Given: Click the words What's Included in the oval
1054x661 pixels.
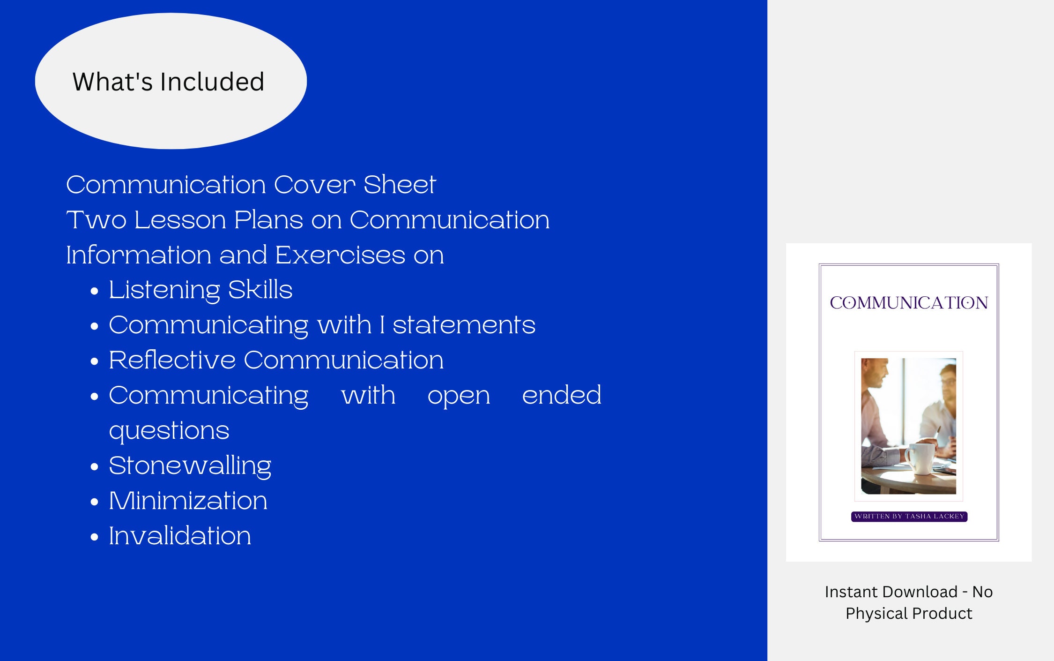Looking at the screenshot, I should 168,82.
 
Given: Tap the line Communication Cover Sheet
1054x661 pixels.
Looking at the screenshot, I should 251,184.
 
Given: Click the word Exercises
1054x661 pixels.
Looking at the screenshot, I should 340,255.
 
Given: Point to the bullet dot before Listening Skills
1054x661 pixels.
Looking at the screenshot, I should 95,291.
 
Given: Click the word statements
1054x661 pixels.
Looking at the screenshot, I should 464,325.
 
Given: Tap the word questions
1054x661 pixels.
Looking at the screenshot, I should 169,430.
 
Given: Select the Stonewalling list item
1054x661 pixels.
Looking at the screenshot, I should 190,466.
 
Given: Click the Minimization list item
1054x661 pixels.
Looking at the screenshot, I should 188,501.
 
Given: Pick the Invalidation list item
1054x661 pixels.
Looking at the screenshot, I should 180,536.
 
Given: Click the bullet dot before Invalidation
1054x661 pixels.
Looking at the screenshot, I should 95,537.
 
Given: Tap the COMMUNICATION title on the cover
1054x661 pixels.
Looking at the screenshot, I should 909,303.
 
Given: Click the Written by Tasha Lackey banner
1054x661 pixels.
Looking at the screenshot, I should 909,516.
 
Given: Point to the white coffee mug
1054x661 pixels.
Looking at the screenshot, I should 919,458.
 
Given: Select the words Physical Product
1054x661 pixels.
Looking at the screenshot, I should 909,613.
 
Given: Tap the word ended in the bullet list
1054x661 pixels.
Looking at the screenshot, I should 562,395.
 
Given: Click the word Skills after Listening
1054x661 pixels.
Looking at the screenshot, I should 260,290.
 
